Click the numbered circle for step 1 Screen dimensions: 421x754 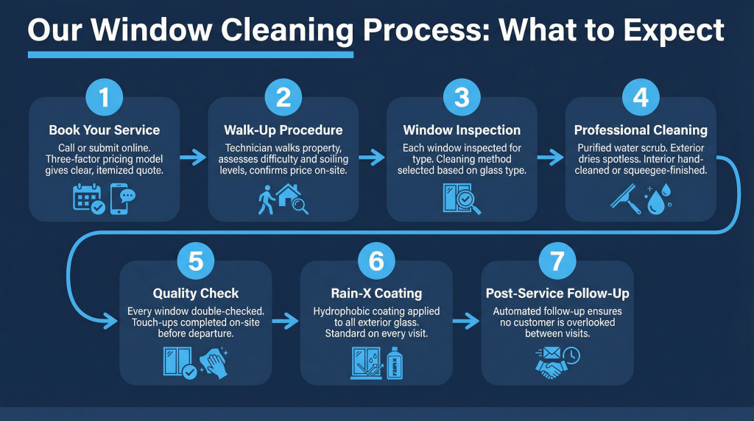[x=104, y=97]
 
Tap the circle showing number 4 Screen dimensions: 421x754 [x=640, y=97]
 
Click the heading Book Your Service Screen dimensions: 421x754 [x=104, y=130]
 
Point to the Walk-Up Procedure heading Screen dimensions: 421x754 [x=283, y=130]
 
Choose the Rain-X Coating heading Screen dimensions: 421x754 [x=376, y=294]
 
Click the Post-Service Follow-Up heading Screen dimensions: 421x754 [x=557, y=294]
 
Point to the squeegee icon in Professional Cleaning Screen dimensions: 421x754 [x=625, y=198]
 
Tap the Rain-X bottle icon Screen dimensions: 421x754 [x=393, y=362]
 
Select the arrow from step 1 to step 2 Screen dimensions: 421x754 [x=194, y=156]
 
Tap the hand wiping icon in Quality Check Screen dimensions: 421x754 [x=214, y=362]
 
